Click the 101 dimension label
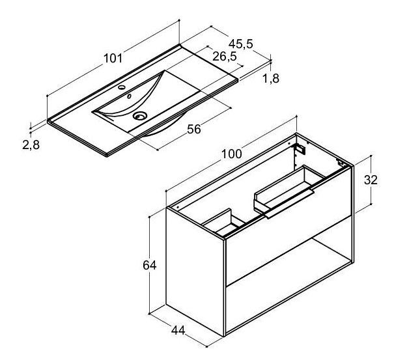(113, 59)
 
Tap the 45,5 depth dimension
(241, 44)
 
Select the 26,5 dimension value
(225, 56)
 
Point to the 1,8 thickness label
(271, 78)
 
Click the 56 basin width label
(194, 129)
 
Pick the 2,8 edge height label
(31, 145)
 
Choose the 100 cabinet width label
(231, 154)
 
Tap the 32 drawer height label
(371, 180)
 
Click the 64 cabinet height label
(149, 265)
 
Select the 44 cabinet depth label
(178, 330)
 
